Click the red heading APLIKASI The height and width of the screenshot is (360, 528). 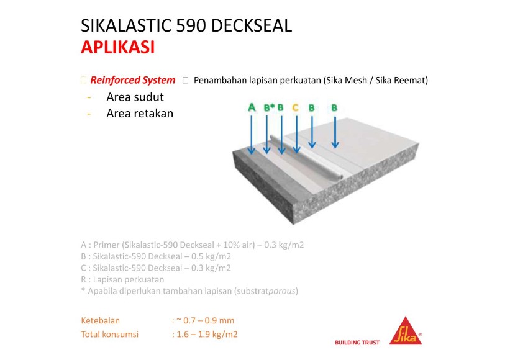coord(117,47)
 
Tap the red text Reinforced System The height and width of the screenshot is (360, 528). coord(133,80)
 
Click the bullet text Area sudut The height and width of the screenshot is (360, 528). coord(135,97)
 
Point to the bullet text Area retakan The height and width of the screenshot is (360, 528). coord(140,114)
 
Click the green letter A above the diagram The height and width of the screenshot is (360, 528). coord(252,107)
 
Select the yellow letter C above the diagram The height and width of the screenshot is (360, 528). coord(295,107)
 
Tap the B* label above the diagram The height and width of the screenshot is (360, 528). coord(269,107)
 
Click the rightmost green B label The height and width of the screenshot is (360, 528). coord(334,107)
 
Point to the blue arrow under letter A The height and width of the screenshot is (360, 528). coord(251,135)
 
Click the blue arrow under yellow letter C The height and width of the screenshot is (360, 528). coord(296,134)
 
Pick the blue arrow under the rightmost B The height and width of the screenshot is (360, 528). coord(335,132)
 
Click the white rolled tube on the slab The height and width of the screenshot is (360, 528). coord(306,158)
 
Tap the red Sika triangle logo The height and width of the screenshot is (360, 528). coord(406,331)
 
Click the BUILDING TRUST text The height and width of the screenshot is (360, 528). coord(357,343)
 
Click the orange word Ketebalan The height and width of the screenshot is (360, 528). coord(101,320)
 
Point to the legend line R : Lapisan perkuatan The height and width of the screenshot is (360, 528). coord(122,279)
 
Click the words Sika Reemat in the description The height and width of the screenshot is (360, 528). coord(401,81)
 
